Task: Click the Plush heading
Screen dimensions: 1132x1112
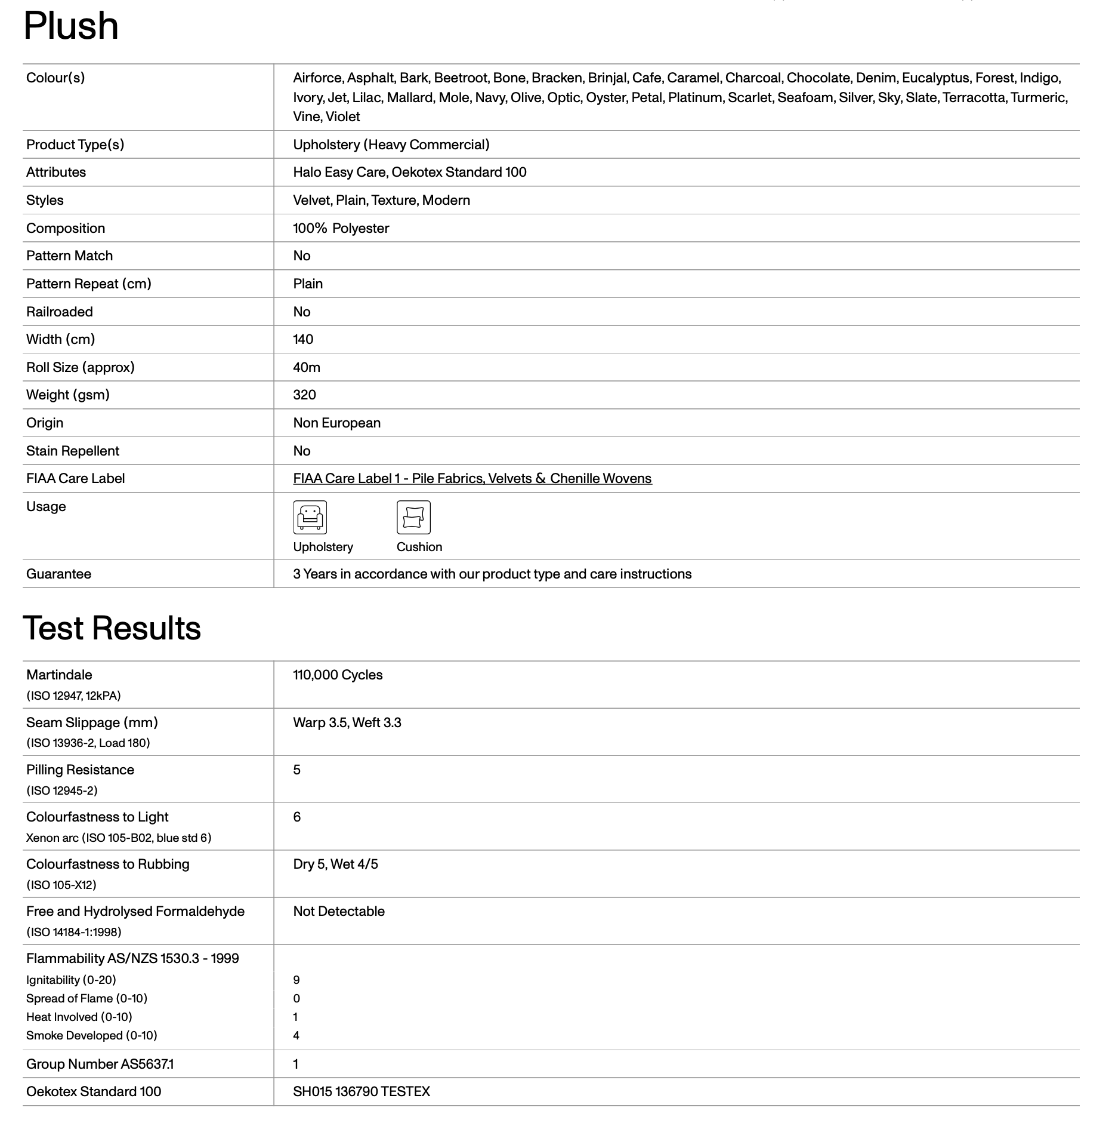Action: (71, 26)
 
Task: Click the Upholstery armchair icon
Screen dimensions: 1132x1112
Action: (310, 517)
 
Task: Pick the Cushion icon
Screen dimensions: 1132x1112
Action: (413, 517)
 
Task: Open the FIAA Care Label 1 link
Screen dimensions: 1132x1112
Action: (472, 479)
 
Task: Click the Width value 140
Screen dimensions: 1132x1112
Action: (303, 340)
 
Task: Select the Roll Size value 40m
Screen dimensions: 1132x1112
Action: (307, 368)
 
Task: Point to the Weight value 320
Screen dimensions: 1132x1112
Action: (304, 395)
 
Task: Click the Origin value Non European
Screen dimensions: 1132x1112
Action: (336, 423)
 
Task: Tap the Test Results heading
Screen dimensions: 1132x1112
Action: (112, 628)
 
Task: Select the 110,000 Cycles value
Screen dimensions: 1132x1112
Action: (338, 675)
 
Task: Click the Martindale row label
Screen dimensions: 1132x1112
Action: (59, 675)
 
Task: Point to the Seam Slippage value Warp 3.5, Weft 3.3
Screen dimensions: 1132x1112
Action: (347, 723)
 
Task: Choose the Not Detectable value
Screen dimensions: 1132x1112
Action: (339, 912)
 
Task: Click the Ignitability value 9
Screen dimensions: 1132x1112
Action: (296, 980)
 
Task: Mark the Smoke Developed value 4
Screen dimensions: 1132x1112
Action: (296, 1036)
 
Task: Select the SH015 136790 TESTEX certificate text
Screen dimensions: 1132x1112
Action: (362, 1092)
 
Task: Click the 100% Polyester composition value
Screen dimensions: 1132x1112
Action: (341, 229)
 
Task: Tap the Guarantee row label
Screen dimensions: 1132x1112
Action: (58, 574)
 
